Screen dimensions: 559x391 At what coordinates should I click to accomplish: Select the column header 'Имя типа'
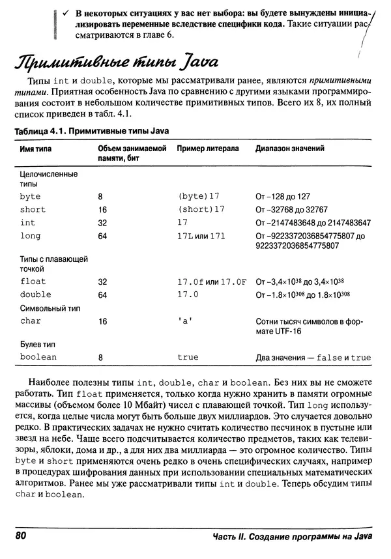click(36, 149)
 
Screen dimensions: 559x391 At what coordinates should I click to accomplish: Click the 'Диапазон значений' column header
click(290, 149)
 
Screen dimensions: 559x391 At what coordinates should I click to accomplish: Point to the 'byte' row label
click(30, 196)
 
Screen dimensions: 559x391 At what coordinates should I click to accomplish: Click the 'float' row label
click(33, 282)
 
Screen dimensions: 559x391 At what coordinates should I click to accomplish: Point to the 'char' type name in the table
click(30, 321)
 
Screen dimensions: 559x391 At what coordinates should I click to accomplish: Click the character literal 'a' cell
click(184, 321)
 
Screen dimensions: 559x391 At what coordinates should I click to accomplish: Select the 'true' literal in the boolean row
click(188, 357)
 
